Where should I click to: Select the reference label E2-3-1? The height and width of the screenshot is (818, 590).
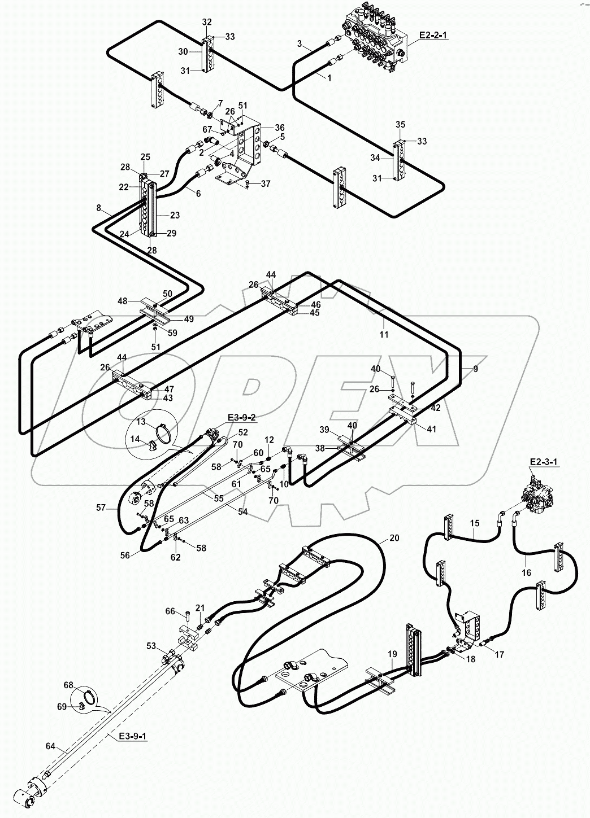pos(544,462)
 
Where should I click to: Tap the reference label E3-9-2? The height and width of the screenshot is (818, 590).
pos(241,418)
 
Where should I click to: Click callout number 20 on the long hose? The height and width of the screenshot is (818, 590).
pos(394,538)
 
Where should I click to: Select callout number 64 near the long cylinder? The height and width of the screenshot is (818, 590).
pos(50,746)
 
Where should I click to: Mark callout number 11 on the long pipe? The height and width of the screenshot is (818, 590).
pos(384,334)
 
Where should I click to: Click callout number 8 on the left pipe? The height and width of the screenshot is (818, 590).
pos(99,208)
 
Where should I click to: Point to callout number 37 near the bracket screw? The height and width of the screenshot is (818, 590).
pos(266,184)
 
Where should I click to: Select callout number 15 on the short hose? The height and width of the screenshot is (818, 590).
pos(475,523)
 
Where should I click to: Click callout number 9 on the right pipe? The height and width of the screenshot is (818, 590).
pos(475,369)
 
